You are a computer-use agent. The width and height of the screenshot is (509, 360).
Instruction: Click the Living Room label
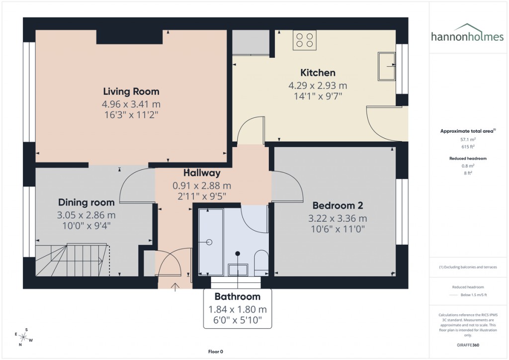click(131, 91)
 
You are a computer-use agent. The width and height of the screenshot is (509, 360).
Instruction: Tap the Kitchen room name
click(318, 73)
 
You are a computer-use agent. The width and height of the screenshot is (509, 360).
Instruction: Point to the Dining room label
click(86, 202)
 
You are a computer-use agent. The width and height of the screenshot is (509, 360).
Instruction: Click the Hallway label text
click(202, 173)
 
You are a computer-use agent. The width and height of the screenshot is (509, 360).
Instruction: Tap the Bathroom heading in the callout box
click(238, 297)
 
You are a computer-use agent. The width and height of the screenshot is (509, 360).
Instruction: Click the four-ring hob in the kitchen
click(305, 40)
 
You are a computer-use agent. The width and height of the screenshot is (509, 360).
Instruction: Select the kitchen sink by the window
click(386, 66)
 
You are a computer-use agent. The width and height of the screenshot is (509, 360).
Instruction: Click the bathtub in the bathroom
click(210, 242)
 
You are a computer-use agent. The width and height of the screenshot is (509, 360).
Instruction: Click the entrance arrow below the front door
click(175, 286)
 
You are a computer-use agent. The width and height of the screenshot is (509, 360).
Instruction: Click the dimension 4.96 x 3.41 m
click(131, 104)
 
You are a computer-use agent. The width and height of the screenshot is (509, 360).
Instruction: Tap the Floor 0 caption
click(217, 352)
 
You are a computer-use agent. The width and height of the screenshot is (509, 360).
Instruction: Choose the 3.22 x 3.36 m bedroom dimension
click(338, 218)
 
